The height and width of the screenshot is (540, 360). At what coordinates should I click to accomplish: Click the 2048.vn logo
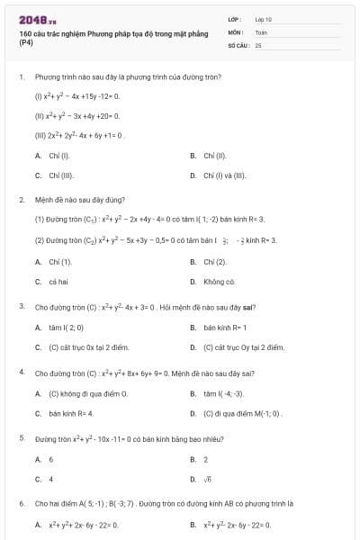[x=38, y=19]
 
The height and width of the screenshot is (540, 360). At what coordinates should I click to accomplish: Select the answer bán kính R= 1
[x=225, y=327]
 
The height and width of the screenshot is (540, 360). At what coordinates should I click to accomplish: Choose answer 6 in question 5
[x=51, y=459]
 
